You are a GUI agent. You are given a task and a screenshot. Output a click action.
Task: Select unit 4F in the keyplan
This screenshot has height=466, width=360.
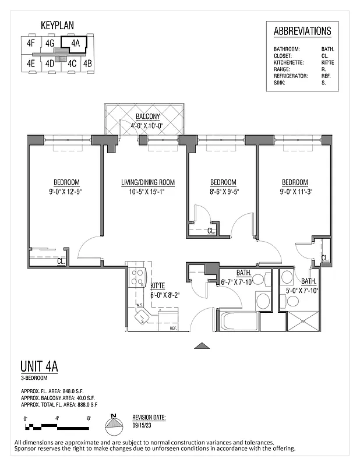[x=30, y=43]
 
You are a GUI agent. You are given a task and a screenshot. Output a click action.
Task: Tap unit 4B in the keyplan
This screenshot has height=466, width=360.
[x=87, y=63]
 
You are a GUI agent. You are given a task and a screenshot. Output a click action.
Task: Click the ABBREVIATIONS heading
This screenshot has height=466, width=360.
[x=302, y=31]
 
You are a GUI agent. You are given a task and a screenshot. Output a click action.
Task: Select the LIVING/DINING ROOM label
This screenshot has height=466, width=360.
[x=148, y=182]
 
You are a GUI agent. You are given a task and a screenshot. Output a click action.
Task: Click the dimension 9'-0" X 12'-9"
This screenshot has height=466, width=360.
[x=66, y=191]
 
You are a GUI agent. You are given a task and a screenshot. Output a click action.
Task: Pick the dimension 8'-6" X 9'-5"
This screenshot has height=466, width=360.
[x=223, y=191]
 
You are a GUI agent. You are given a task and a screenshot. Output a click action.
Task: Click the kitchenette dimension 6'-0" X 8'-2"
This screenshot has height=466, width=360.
[x=164, y=295]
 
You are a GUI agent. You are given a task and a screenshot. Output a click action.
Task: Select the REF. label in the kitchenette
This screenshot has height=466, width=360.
[x=173, y=329]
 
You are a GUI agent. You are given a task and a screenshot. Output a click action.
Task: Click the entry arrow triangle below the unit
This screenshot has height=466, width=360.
[x=202, y=346]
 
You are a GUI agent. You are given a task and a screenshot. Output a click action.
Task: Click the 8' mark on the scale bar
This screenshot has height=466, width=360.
[x=88, y=418]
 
